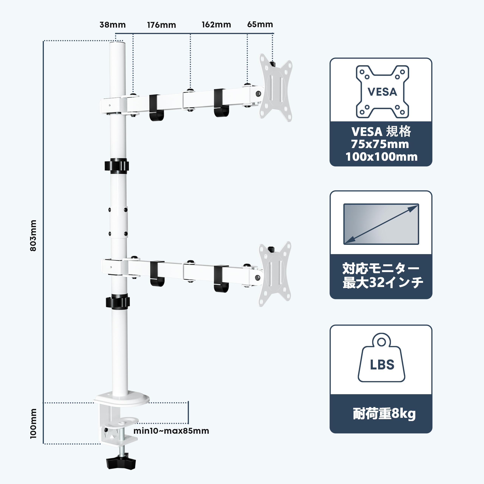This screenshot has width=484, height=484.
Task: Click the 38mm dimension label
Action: click(x=112, y=25)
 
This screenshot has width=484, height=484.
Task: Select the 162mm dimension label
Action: click(x=216, y=25)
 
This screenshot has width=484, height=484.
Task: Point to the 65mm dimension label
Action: click(x=260, y=24)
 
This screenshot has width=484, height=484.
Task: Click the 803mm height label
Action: click(x=33, y=236)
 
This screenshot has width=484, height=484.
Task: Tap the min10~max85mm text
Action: click(x=171, y=431)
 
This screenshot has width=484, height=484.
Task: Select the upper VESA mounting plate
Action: click(x=276, y=88)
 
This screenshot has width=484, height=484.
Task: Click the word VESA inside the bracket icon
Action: click(x=382, y=92)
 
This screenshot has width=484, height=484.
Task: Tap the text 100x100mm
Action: click(x=381, y=157)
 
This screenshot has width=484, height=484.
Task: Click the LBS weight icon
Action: click(x=382, y=358)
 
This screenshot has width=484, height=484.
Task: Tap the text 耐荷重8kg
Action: click(x=384, y=414)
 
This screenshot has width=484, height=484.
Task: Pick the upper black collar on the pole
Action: click(x=117, y=166)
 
